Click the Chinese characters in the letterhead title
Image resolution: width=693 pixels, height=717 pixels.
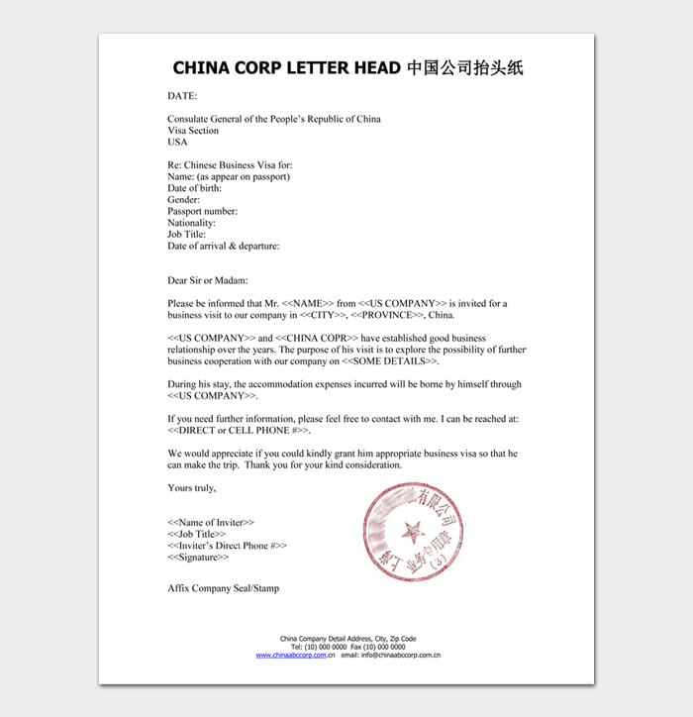[x=464, y=68]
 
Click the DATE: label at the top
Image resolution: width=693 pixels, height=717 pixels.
[x=182, y=96]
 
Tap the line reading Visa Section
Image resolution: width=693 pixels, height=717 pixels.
[x=193, y=131]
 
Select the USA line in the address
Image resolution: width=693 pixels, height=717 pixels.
[x=177, y=142]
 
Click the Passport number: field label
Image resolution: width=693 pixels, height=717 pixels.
[x=202, y=211]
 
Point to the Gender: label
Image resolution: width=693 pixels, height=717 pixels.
[x=183, y=200]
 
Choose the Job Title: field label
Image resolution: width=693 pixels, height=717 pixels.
[x=186, y=235]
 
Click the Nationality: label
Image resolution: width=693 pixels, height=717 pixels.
[x=191, y=223]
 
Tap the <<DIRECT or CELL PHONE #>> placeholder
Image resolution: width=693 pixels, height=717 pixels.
[x=239, y=430]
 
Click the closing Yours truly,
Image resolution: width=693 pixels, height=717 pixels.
[x=191, y=487]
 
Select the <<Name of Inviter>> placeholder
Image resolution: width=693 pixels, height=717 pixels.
[x=210, y=522]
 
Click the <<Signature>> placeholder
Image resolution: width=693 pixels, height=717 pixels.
[x=198, y=557]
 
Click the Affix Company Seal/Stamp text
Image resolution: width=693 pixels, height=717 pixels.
[x=223, y=588]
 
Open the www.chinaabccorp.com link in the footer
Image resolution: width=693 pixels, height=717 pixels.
[x=291, y=655]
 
